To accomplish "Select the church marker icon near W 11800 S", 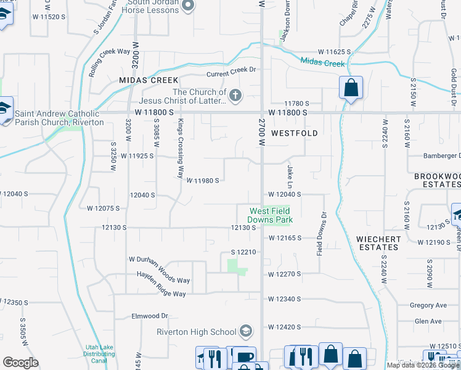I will (x=235, y=95).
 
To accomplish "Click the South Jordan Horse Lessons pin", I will (x=189, y=6).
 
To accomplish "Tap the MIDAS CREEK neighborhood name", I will (x=149, y=80).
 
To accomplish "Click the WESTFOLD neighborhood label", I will (x=295, y=133).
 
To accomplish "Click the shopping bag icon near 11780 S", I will (x=351, y=88).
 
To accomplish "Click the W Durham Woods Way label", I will (x=159, y=280).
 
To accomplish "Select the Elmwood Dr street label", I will (x=150, y=316).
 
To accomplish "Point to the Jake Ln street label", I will (x=289, y=176).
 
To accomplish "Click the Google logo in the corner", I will (x=20, y=363).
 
